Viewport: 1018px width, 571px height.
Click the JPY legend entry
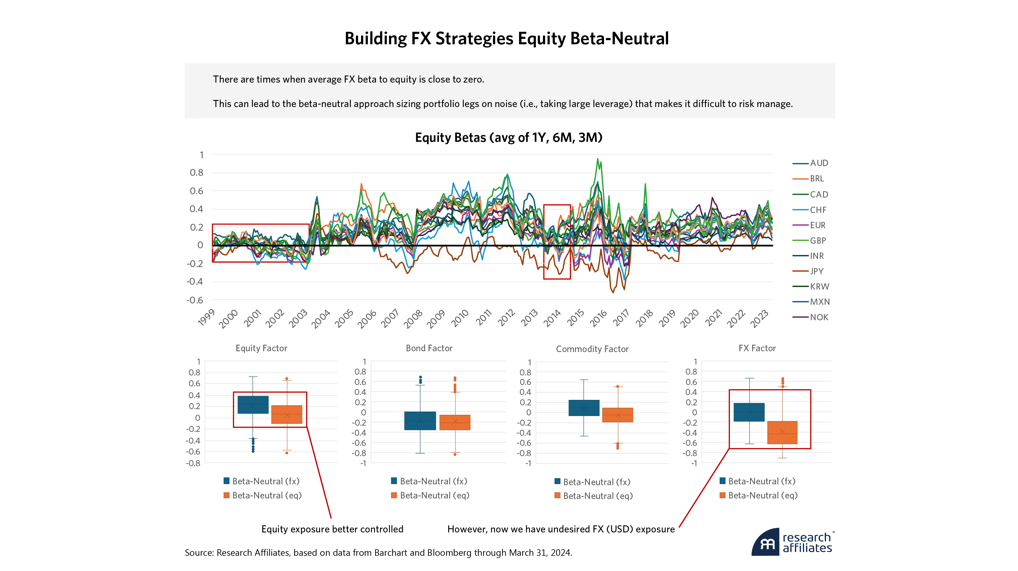point(816,271)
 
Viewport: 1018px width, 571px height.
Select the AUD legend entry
point(818,163)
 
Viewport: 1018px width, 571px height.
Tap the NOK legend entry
point(818,317)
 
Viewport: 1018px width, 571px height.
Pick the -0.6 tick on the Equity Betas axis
point(195,300)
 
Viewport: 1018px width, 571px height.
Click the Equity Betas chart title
point(509,138)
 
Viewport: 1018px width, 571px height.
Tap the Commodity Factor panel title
point(592,349)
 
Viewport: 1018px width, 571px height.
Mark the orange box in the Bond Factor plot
point(455,422)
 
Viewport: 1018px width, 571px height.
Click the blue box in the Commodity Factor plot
point(584,408)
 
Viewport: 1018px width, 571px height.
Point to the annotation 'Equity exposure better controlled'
point(332,529)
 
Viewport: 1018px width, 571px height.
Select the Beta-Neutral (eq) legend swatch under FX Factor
point(722,495)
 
